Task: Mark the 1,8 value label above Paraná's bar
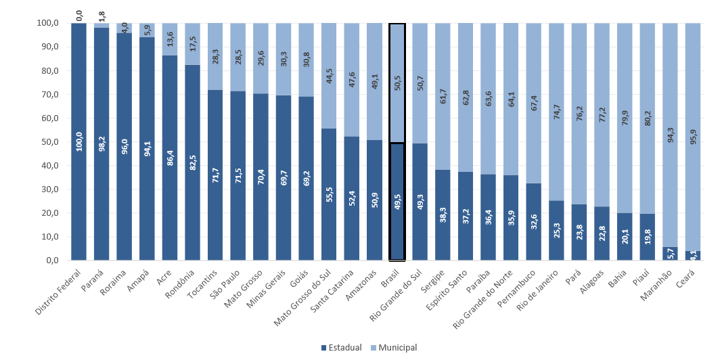[x=102, y=14]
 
